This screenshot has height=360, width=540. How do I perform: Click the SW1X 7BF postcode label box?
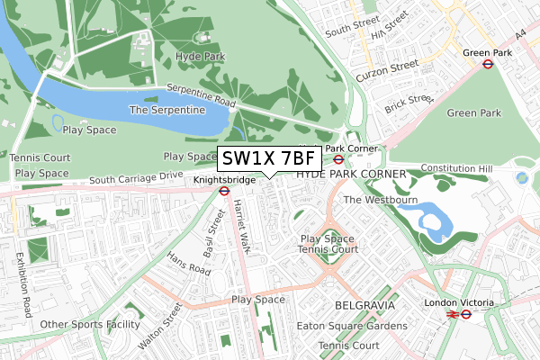pyautogui.click(x=268, y=159)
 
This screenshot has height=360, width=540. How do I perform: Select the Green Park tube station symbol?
pyautogui.click(x=487, y=64)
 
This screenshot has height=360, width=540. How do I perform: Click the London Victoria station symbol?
pyautogui.click(x=466, y=314)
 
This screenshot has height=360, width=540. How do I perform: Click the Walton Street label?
pyautogui.click(x=160, y=327)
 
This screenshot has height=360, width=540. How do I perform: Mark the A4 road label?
pyautogui.click(x=519, y=35)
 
